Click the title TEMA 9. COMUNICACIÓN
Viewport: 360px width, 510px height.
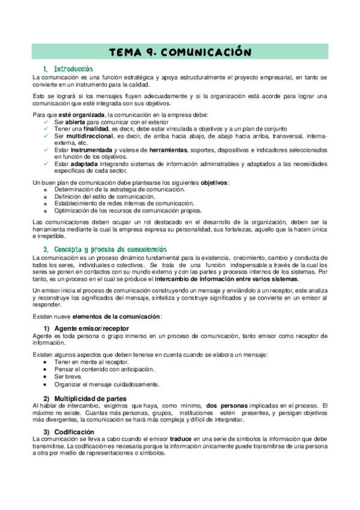coord(180,52)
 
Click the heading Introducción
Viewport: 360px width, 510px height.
coord(73,69)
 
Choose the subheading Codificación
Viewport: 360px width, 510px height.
coord(75,432)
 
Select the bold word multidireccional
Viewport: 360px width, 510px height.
coord(90,136)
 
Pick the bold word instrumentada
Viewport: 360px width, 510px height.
coord(92,150)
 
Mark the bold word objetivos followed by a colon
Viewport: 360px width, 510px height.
coord(213,182)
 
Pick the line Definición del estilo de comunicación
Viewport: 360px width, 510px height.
coord(104,197)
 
